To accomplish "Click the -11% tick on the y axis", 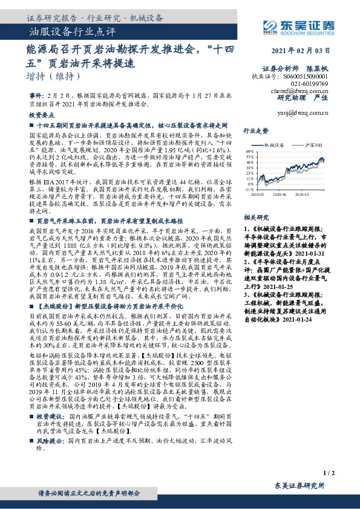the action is [x=250, y=189].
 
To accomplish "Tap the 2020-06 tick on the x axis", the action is [x=280, y=194].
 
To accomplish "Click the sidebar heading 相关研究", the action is [x=255, y=216].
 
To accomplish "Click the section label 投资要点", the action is [x=42, y=114].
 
